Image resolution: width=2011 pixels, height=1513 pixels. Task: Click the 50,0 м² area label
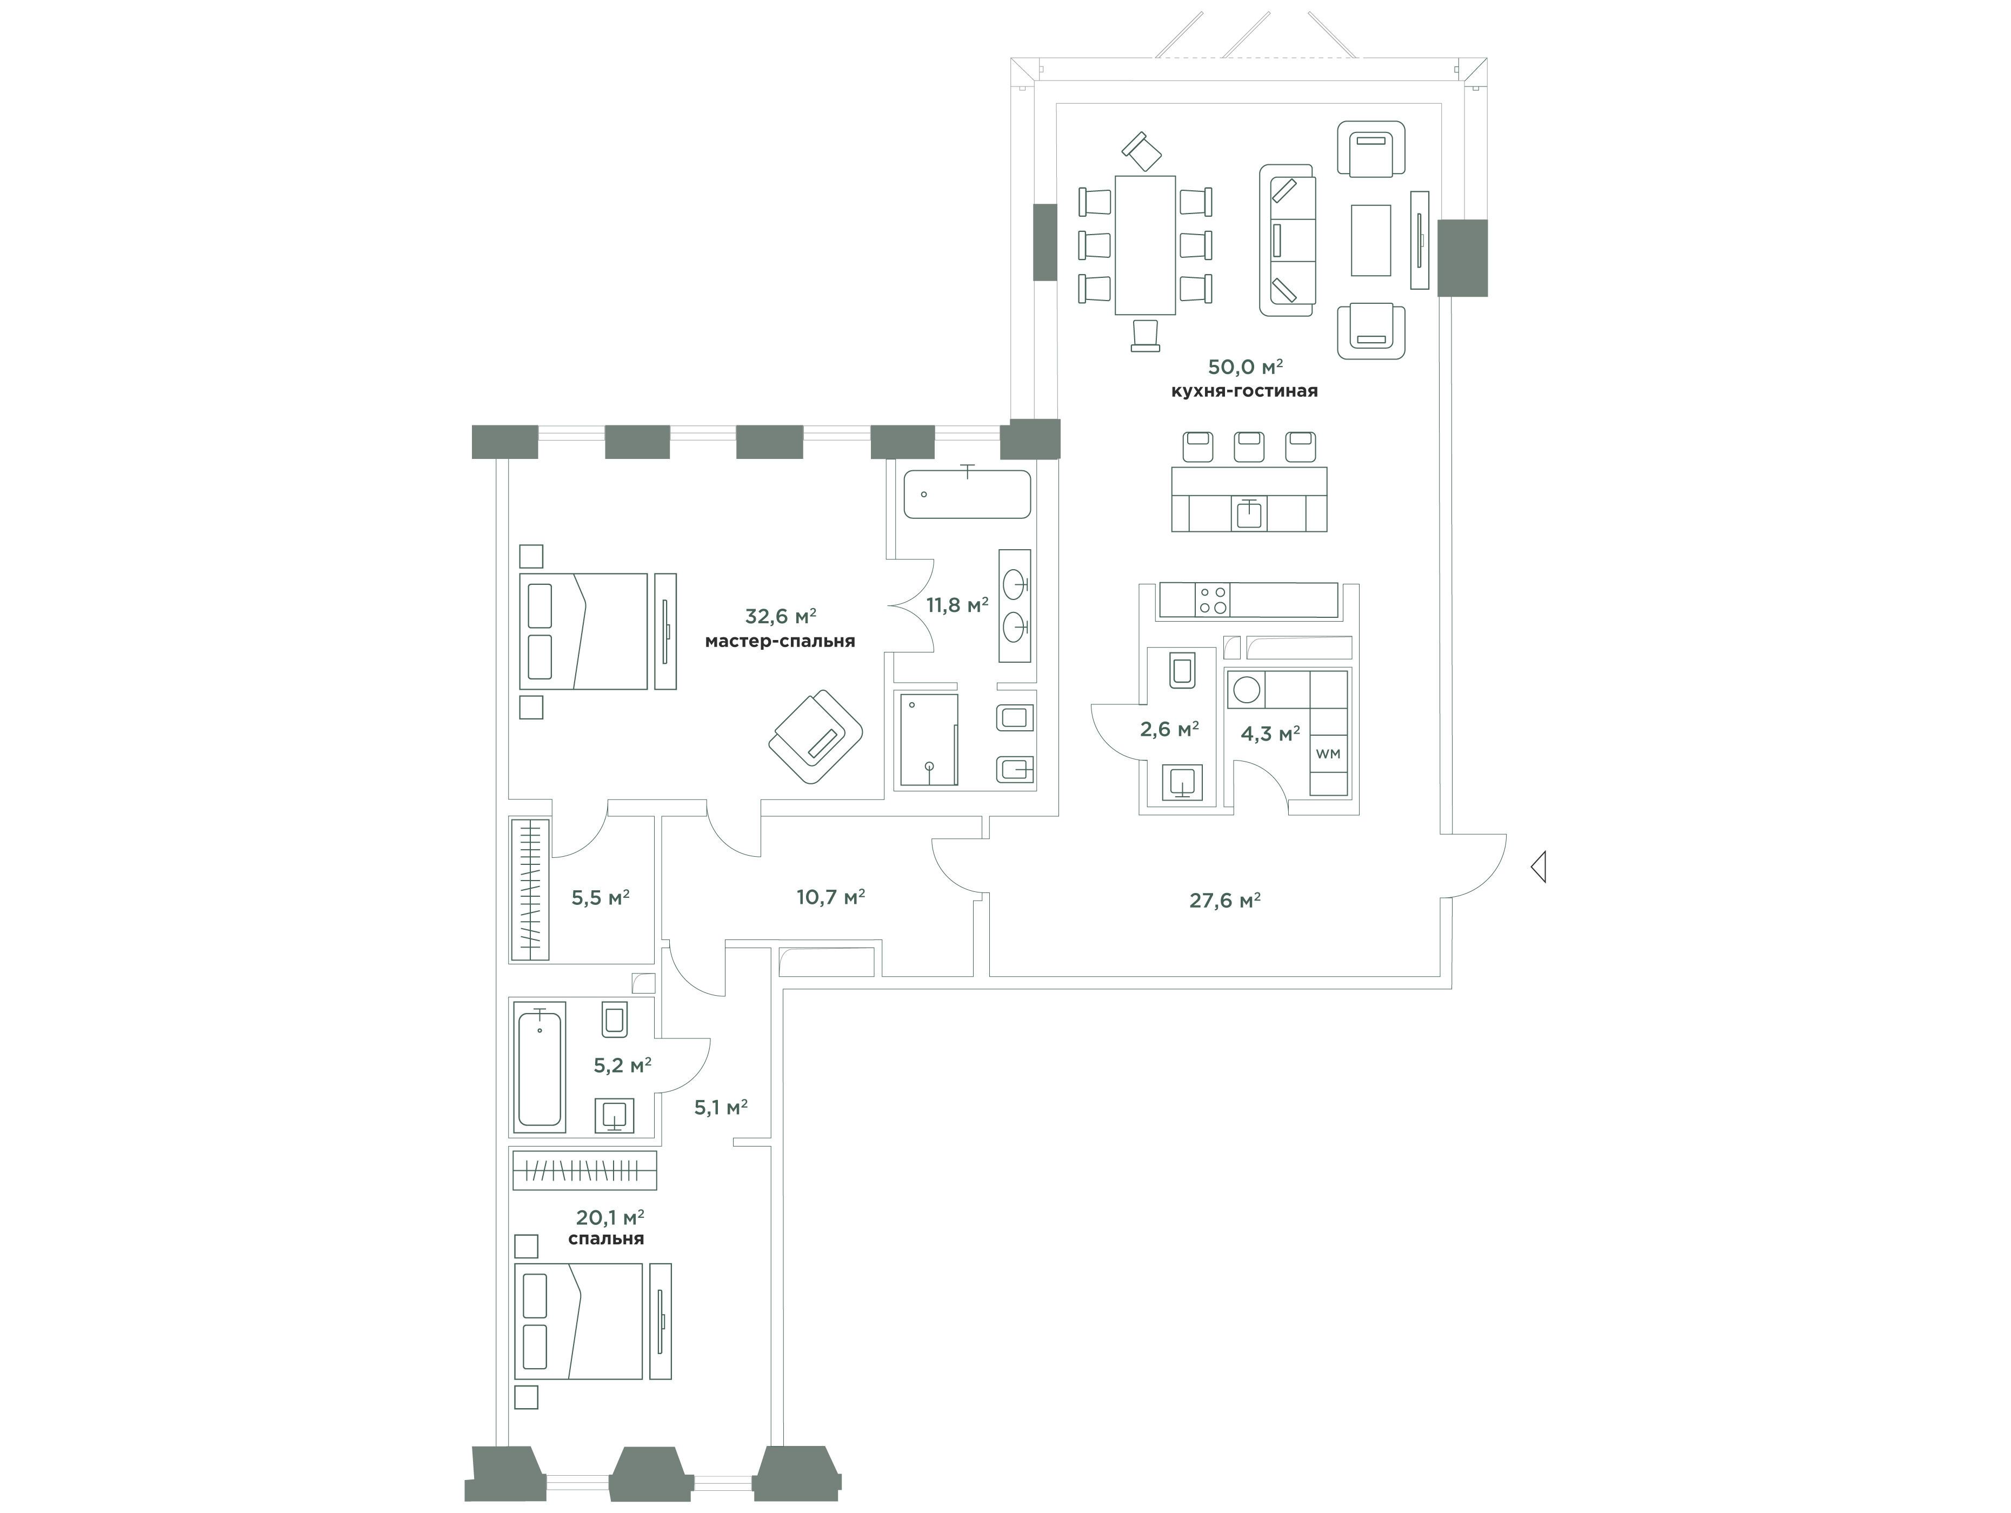1244,368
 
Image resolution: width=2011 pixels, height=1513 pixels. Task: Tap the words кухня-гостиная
1244,392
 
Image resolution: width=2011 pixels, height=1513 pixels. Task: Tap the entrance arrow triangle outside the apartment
1538,867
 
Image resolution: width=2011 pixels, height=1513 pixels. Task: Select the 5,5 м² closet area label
600,898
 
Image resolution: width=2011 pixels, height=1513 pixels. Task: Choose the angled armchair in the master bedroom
816,736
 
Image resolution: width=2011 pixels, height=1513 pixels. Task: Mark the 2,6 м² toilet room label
1169,729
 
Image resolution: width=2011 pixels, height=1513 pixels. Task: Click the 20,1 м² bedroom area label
610,1217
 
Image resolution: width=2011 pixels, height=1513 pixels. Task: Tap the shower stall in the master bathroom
928,739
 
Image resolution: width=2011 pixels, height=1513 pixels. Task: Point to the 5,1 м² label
721,1108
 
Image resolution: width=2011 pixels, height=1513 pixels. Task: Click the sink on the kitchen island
1249,514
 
